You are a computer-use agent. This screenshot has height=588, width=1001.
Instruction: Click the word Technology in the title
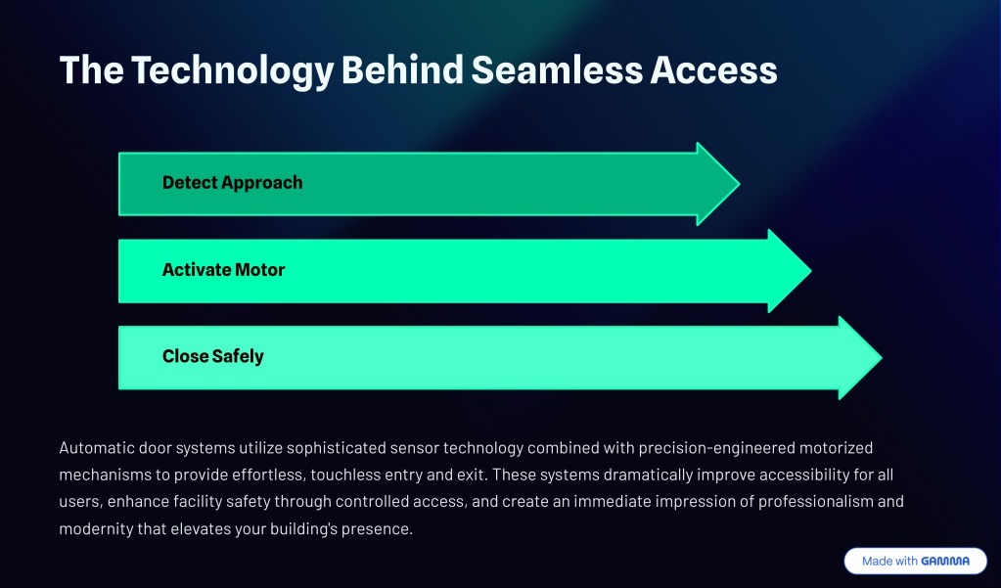pos(232,70)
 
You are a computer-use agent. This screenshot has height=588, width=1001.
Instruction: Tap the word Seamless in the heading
pos(557,69)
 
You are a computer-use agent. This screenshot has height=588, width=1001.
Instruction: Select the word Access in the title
pos(713,69)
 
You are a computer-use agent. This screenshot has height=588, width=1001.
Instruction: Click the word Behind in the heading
pos(402,69)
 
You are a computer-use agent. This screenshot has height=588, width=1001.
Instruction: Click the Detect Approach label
pos(232,183)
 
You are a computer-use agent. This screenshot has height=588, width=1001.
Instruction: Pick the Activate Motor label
pos(223,269)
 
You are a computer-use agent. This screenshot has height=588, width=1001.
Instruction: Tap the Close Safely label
pos(212,356)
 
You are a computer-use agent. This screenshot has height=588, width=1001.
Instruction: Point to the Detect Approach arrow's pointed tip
pos(740,184)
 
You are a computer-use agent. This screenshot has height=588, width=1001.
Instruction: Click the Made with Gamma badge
pos(916,561)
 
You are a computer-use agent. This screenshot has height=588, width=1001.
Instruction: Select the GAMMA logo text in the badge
pos(945,562)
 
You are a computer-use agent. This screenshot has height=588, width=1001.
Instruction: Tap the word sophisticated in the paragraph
pos(336,448)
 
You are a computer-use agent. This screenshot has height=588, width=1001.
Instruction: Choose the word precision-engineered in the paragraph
pos(716,448)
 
